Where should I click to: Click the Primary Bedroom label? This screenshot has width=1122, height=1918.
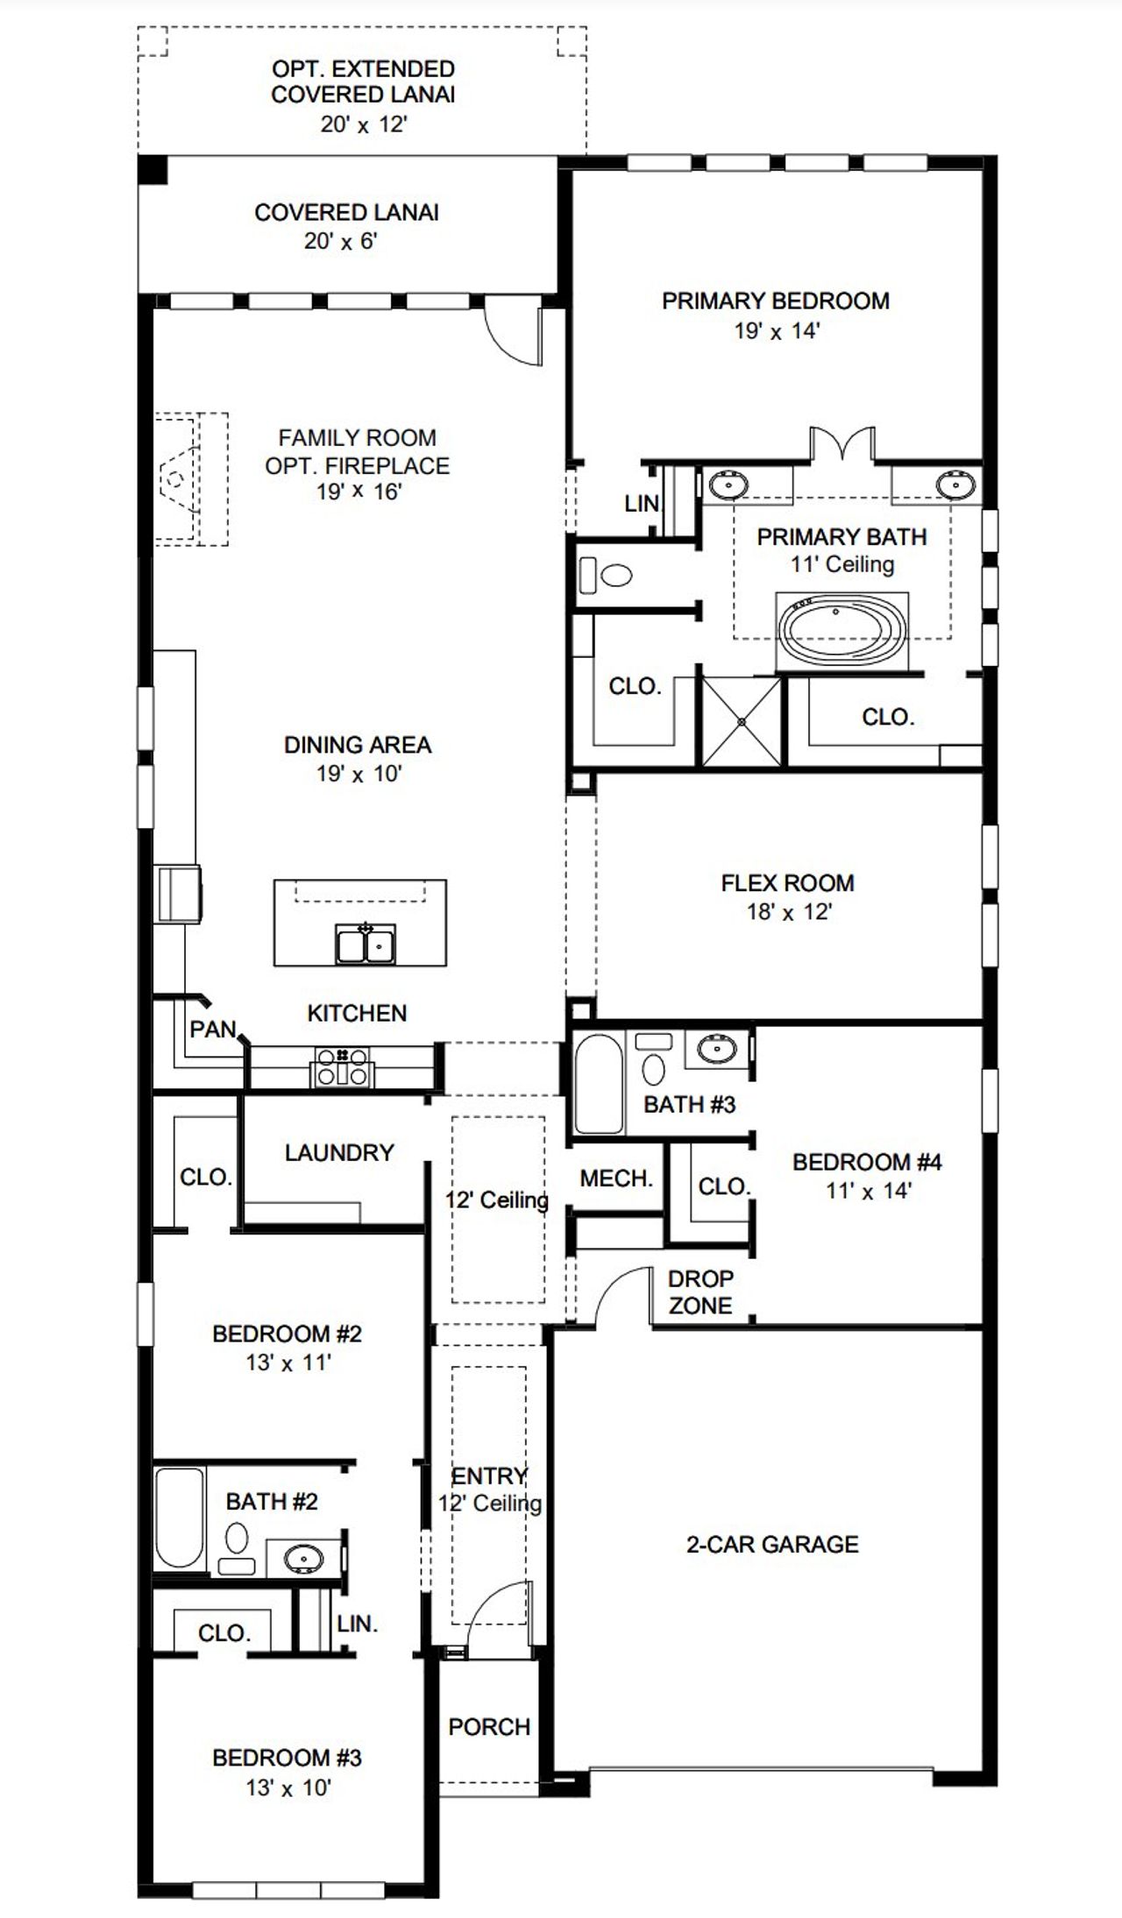tap(775, 301)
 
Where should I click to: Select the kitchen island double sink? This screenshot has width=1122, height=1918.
tap(366, 945)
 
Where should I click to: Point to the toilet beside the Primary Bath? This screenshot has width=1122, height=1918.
tap(607, 576)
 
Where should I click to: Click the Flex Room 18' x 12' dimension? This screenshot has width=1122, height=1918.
tap(788, 912)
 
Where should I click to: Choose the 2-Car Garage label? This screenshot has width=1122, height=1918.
tap(771, 1544)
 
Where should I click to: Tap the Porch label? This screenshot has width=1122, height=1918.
tap(489, 1726)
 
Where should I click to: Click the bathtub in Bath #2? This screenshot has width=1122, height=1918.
tap(179, 1518)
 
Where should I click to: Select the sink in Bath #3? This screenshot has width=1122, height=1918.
tap(718, 1047)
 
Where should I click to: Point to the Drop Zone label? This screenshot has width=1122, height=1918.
tap(699, 1292)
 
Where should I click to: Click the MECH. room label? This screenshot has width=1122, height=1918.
tap(616, 1178)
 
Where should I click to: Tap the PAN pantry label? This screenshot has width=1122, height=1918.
tap(213, 1030)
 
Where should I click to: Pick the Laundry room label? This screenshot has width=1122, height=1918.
tap(339, 1152)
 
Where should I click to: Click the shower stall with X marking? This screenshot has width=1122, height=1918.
tap(742, 720)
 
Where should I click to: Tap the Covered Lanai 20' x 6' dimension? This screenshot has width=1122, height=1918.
tap(340, 241)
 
